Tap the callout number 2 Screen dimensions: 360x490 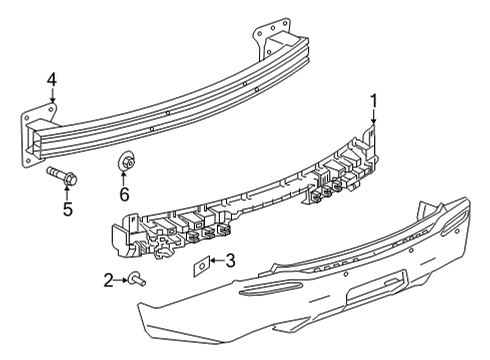pos(109,281)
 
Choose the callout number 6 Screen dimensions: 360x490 pos(125,194)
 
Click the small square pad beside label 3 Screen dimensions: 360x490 pos(201,265)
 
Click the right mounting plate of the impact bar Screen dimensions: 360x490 pos(270,40)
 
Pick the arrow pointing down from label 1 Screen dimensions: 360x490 pos(374,119)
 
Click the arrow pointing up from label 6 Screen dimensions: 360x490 pos(126,176)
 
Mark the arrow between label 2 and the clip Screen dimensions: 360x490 pos(121,281)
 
